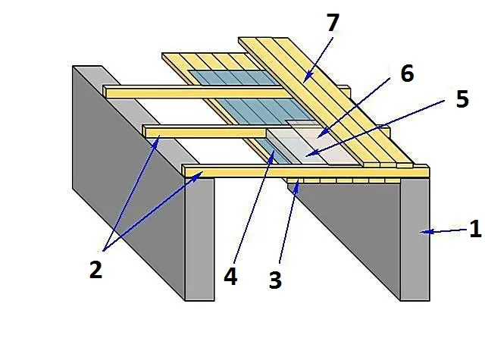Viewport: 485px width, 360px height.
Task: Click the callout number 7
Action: [333, 23]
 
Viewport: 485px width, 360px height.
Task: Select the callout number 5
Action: [462, 99]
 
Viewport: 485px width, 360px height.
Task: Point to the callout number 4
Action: [230, 276]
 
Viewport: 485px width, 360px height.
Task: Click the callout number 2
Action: [95, 269]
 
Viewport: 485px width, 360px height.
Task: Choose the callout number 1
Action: [475, 229]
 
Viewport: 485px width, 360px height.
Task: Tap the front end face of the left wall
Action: [199, 239]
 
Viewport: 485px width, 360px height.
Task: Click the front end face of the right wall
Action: [415, 239]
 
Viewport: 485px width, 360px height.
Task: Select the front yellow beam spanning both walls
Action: [305, 171]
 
